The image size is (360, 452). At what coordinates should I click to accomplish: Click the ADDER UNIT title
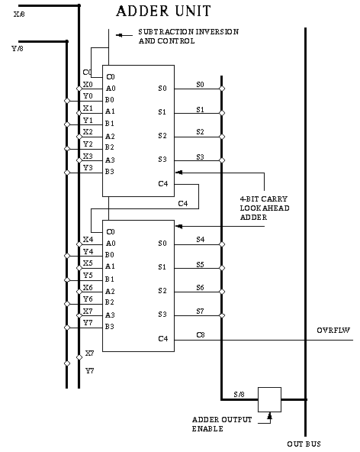point(163,11)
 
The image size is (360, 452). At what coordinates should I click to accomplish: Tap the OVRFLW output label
point(333,331)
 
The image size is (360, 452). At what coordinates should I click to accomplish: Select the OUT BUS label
point(304,444)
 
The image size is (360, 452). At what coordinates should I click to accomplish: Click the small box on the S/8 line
point(269,399)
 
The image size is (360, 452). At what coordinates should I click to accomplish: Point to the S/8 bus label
point(239,394)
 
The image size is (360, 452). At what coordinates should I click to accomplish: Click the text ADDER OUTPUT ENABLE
point(222,424)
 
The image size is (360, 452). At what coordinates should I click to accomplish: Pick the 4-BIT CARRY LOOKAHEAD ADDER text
point(265,208)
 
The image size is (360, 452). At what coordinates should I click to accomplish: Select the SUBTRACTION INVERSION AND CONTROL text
point(188,36)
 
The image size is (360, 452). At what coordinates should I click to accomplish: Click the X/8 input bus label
point(19,14)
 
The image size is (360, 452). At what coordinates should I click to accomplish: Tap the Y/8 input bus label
point(18,48)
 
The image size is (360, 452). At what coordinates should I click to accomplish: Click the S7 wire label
point(200,311)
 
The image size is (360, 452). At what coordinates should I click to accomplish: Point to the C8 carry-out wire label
point(201,334)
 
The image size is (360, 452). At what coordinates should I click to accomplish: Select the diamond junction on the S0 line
point(222,89)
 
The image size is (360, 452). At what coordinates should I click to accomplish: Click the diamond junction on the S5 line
point(222,268)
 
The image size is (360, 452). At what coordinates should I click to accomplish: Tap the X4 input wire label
point(88,239)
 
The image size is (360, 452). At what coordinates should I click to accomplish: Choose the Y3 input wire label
point(88,167)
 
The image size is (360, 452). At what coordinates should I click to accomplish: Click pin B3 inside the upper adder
point(109,172)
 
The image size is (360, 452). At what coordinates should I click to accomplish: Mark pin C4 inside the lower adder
point(163,338)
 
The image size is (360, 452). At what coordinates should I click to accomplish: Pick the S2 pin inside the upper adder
point(162,135)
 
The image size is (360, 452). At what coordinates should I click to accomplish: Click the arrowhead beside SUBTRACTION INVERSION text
point(119,35)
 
